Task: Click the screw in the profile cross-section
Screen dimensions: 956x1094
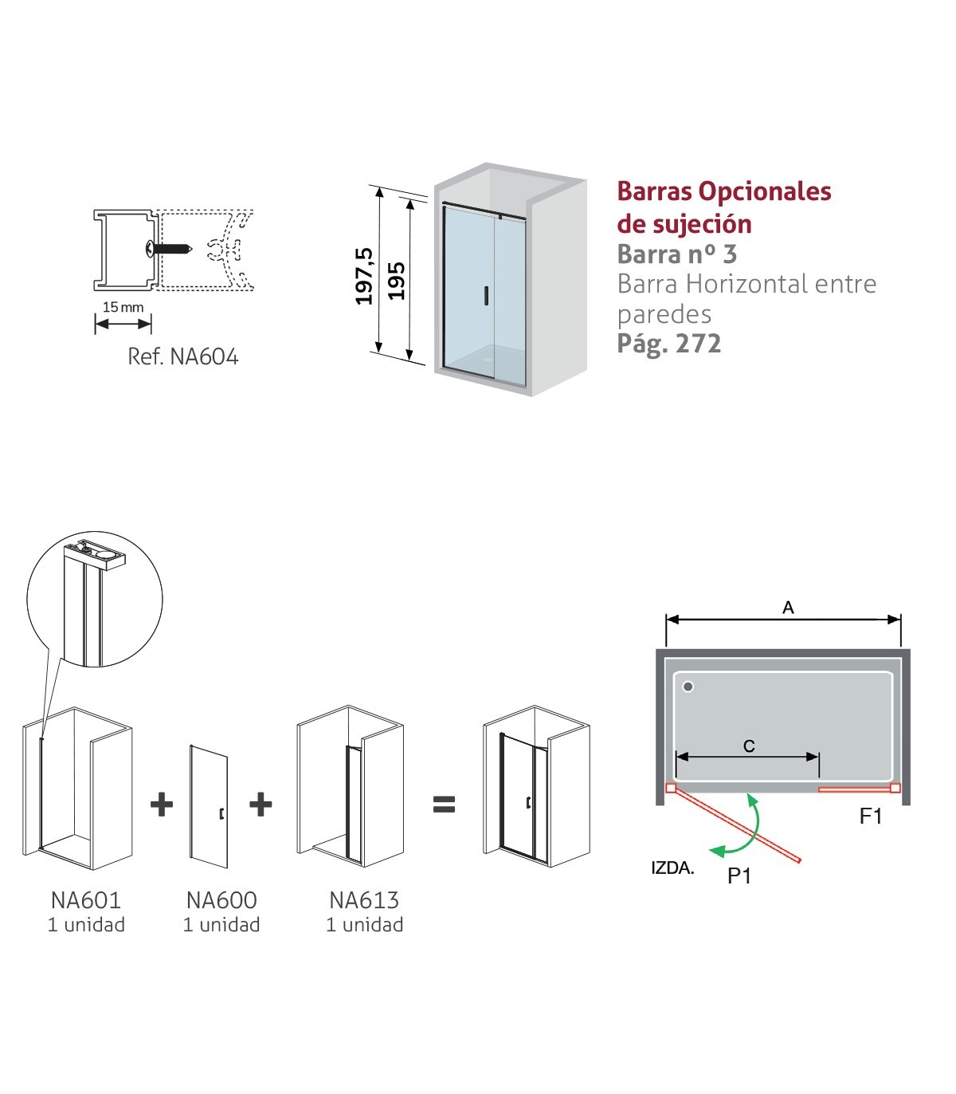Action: [169, 249]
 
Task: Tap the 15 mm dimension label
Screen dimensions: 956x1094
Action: [123, 308]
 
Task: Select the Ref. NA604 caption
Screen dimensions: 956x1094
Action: [182, 356]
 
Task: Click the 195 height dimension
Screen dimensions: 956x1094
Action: [396, 281]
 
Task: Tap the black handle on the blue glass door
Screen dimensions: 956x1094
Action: [487, 296]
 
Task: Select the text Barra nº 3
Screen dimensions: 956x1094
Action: [677, 254]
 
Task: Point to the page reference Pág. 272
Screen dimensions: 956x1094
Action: [669, 344]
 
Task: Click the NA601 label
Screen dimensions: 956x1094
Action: [86, 900]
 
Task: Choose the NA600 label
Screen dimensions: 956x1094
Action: [221, 900]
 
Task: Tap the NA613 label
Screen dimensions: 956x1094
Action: [364, 900]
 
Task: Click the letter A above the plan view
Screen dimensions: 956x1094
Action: [788, 608]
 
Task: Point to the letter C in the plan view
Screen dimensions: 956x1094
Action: [749, 746]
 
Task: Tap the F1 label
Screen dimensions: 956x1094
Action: [871, 816]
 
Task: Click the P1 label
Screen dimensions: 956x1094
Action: [739, 876]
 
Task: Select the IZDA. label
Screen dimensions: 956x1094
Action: [672, 868]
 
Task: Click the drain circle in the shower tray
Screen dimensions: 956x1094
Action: [688, 687]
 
